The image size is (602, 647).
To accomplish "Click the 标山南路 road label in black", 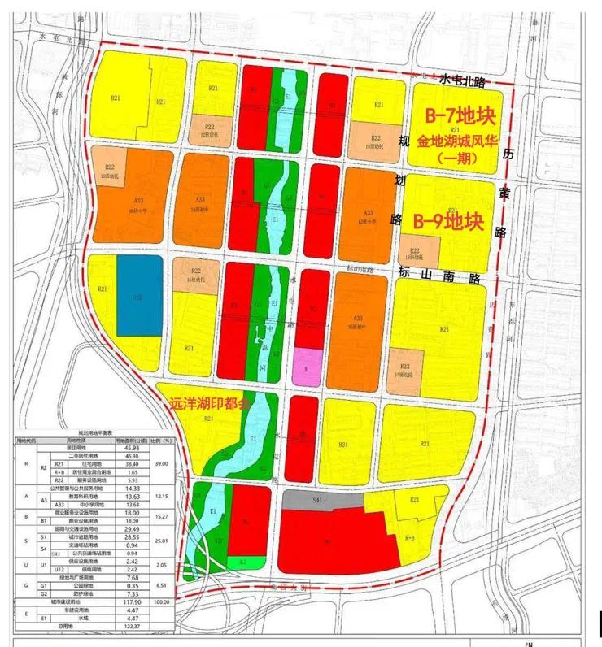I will click(x=439, y=276).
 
